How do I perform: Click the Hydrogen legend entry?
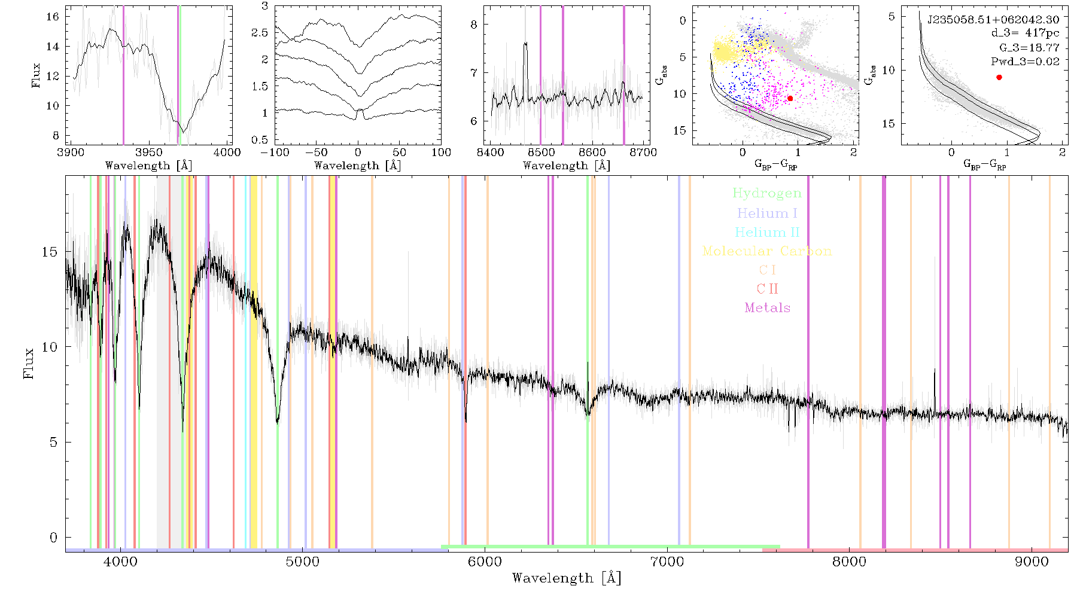[767, 193]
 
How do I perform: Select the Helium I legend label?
[767, 213]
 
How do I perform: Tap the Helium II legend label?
[767, 232]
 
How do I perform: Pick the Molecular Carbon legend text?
[767, 251]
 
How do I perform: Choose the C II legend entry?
[767, 289]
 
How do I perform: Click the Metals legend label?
[767, 308]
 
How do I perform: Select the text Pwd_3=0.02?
[1025, 61]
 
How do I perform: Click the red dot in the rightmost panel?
[999, 77]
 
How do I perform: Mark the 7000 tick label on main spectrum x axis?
[667, 562]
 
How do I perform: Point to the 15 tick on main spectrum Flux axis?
[50, 252]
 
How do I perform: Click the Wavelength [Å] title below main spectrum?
[567, 578]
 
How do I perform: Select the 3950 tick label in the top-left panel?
[149, 152]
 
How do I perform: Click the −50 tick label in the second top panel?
[316, 152]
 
